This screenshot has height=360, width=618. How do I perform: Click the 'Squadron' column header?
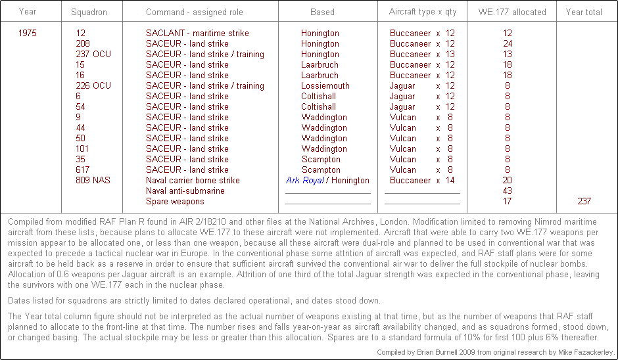89,12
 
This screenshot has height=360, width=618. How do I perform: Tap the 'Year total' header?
584,12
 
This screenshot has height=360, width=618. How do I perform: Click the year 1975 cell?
28,33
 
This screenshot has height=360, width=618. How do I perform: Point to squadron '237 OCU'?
93,54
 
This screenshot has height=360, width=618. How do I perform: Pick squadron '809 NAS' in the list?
93,180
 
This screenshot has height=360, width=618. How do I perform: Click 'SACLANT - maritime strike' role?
197,33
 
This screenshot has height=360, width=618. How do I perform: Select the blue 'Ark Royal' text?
305,180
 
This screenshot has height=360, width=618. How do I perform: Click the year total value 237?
584,201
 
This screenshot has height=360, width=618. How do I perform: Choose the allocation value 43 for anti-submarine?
507,191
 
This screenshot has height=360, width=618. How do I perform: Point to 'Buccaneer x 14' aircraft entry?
422,180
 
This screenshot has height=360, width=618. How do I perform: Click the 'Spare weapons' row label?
175,201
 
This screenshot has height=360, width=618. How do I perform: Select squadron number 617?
83,169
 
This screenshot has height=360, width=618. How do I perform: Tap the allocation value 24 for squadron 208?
507,43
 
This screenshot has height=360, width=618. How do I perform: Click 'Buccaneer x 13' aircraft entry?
422,54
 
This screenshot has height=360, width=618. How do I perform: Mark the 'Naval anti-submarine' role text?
185,191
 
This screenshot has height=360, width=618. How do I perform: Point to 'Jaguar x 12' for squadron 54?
422,106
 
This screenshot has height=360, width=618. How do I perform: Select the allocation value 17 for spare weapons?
507,201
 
